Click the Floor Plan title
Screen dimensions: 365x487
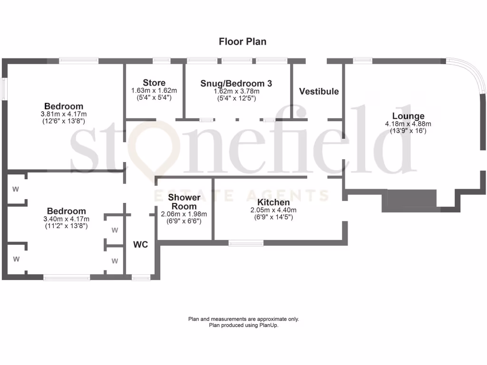tap(243, 42)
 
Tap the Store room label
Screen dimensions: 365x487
tap(154, 83)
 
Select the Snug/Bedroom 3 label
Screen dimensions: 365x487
tap(236, 83)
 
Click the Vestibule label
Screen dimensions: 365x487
tap(319, 91)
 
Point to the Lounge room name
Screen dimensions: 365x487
tap(408, 116)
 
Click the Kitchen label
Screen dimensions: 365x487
tap(273, 202)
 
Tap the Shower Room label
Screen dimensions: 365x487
tap(184, 202)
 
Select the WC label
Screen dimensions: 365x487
tap(140, 245)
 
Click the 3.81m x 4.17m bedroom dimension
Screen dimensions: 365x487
tap(64, 114)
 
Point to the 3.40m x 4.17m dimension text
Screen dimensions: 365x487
tap(66, 219)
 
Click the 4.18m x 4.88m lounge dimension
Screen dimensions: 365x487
tap(408, 124)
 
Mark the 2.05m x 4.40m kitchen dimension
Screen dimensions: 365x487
tap(273, 210)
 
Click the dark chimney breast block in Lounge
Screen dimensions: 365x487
tap(409, 199)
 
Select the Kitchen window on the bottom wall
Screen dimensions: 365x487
tap(246, 243)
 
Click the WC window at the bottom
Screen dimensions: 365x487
tap(140, 277)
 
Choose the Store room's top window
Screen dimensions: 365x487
tap(161, 60)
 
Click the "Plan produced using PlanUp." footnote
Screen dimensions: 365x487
tap(243, 326)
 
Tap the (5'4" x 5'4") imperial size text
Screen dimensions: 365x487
tap(154, 97)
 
